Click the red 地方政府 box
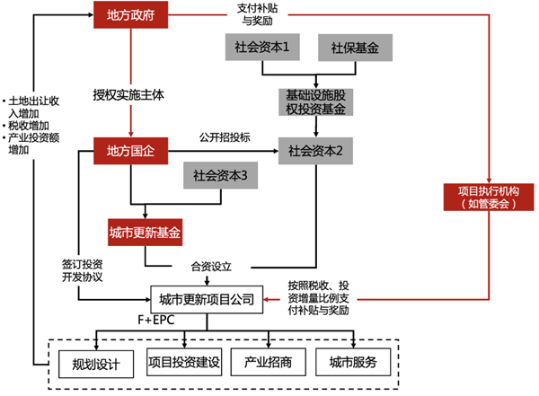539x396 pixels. pos(131,14)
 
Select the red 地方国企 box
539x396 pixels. pos(131,150)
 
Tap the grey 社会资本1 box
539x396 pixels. pos(261,47)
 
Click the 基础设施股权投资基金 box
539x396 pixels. pos(315,101)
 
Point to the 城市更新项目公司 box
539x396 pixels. pos(206,298)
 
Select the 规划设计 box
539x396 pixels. pos(89,362)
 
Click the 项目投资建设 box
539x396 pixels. pos(183,362)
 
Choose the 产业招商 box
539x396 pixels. pos(269,362)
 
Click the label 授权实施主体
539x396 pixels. pos(129,93)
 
